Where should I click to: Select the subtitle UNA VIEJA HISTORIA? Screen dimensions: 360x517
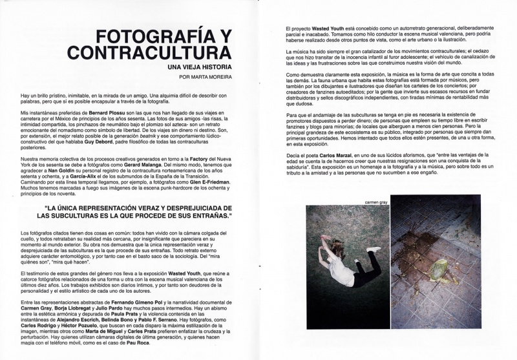[x=198, y=67]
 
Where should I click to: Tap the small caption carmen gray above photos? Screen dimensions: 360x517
[x=375, y=202]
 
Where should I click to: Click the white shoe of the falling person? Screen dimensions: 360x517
[x=372, y=249]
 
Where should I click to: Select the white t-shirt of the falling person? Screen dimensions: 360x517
[x=342, y=271]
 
